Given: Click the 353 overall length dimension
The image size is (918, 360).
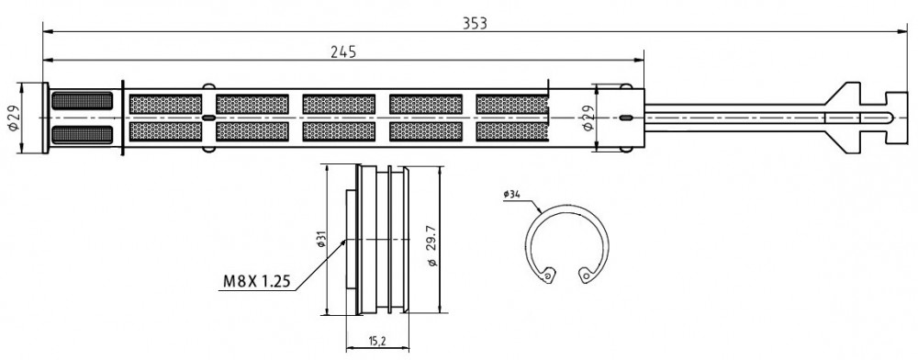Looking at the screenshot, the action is click(x=475, y=23).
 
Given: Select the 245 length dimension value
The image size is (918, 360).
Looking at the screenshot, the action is click(x=343, y=52).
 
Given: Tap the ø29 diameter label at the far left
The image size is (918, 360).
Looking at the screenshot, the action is click(x=14, y=118).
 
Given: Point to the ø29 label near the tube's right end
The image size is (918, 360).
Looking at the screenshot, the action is click(x=588, y=118).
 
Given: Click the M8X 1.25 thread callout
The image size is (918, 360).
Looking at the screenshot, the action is click(x=256, y=282).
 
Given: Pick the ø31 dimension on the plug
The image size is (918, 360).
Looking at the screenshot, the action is click(x=321, y=239).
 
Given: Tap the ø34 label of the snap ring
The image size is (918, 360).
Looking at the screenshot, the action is click(x=511, y=195).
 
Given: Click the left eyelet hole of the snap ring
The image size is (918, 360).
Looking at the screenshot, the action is click(x=547, y=274).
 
